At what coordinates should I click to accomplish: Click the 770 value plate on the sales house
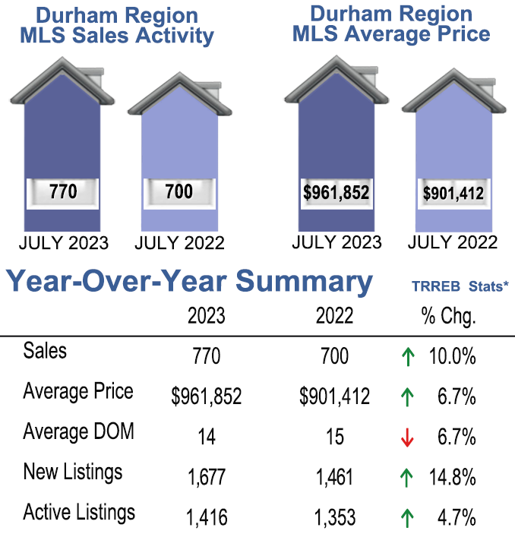pos(62,191)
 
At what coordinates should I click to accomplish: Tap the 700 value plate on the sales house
pos(179,191)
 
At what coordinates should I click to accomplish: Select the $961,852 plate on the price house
pos(336,193)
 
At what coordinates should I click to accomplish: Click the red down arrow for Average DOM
pos(408,437)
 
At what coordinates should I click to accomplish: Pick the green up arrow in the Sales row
pos(408,356)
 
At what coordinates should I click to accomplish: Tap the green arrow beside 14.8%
pos(408,478)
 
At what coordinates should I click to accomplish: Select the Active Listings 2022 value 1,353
pos(334,518)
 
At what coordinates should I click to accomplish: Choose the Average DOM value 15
pos(334,437)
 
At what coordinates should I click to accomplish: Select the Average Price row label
pos(77,391)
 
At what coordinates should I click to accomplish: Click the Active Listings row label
pos(79,513)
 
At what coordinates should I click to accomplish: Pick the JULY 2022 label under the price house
pos(453,243)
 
